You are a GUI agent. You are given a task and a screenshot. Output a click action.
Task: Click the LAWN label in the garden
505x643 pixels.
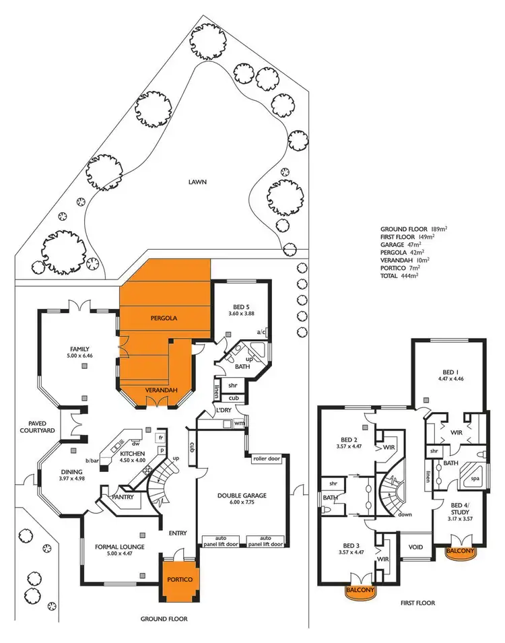pyautogui.click(x=197, y=182)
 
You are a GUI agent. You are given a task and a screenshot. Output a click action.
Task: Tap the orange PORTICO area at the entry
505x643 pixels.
pyautogui.click(x=178, y=580)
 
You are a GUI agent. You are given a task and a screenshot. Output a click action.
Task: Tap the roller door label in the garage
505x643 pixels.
pyautogui.click(x=265, y=459)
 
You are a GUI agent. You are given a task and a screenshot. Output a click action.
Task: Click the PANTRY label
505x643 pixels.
pyautogui.click(x=121, y=498)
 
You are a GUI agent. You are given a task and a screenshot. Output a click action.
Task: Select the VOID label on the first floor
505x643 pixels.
pyautogui.click(x=416, y=547)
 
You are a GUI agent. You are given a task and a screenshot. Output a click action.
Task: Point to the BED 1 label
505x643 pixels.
pyautogui.click(x=448, y=372)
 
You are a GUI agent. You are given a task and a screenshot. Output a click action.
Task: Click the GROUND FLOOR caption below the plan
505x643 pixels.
pyautogui.click(x=164, y=618)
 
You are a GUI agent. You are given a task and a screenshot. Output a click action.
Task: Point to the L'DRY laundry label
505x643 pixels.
pyautogui.click(x=224, y=411)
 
